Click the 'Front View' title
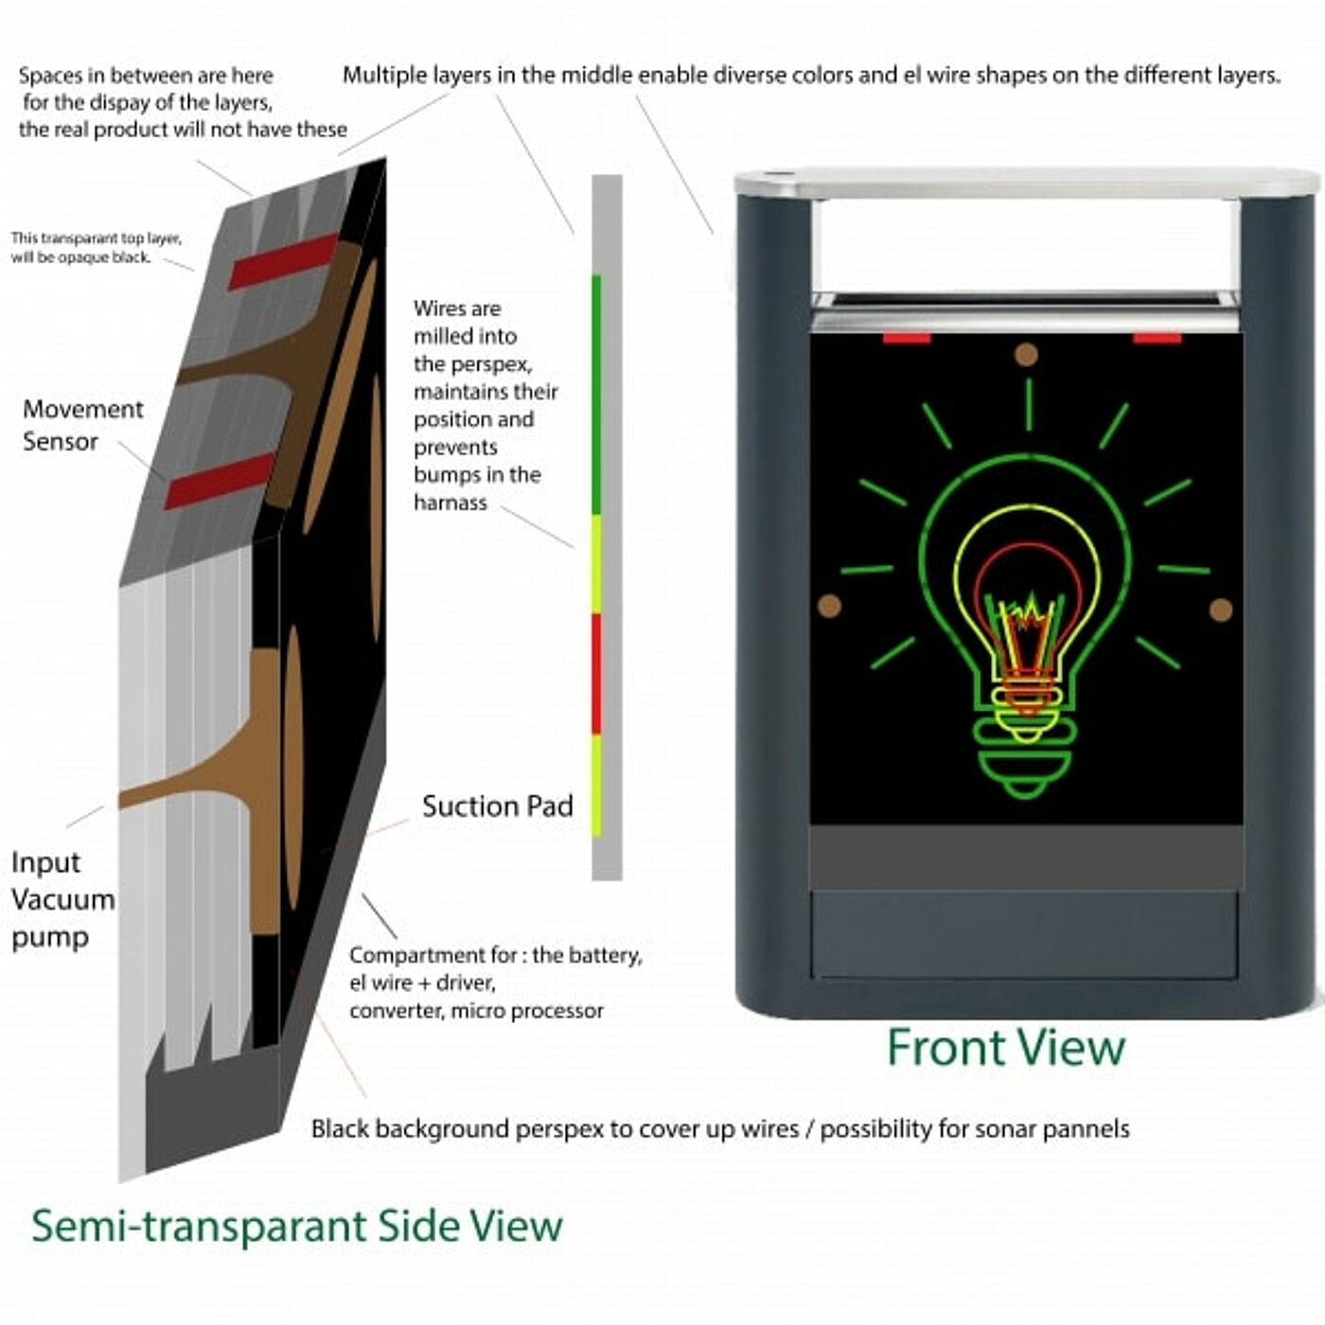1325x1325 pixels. pos(1005,1047)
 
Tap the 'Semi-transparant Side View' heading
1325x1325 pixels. pos(297,1226)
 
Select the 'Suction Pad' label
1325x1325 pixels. pos(497,805)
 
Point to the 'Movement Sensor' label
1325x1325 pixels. pos(82,425)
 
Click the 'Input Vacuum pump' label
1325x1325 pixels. pos(62,899)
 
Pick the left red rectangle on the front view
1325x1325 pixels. pos(907,338)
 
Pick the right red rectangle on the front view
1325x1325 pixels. pos(1157,338)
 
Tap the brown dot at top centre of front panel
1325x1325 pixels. pos(1026,355)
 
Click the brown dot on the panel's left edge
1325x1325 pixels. pos(830,606)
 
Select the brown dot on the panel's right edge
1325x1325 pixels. pos(1221,609)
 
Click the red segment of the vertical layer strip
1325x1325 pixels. pos(596,674)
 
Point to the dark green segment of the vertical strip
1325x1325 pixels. pos(596,395)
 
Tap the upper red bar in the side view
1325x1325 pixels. pos(283,261)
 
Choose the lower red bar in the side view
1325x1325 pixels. pos(220,480)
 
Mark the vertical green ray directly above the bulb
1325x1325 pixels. pos(1029,404)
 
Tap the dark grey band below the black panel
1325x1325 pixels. pos(1027,857)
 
